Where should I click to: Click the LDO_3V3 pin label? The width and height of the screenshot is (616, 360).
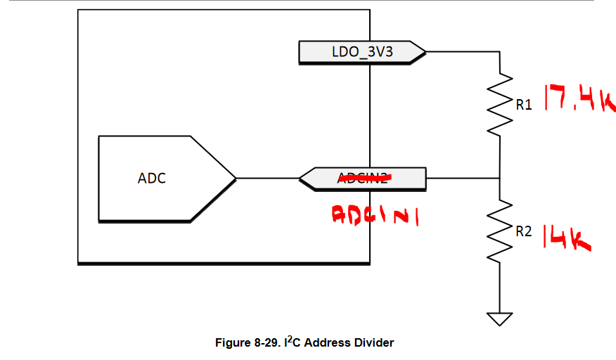point(362,51)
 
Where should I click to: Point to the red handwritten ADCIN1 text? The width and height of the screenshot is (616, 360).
point(375,216)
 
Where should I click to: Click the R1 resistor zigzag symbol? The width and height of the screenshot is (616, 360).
point(500,104)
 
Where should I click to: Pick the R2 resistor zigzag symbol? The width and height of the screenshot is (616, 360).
point(500,231)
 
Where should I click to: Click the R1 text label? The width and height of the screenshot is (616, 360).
point(524,105)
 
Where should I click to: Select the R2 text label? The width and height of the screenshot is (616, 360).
point(524,231)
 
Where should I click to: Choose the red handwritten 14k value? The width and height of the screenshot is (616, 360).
point(565,237)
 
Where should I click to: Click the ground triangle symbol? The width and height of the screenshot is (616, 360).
point(500,319)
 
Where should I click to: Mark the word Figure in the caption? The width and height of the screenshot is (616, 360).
point(231,343)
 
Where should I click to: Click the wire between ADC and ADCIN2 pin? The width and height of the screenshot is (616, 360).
point(267,178)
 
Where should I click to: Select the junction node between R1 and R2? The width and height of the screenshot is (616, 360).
point(500,178)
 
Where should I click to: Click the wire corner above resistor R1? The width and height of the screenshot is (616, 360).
point(500,51)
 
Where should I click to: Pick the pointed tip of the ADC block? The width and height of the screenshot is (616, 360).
point(236,178)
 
